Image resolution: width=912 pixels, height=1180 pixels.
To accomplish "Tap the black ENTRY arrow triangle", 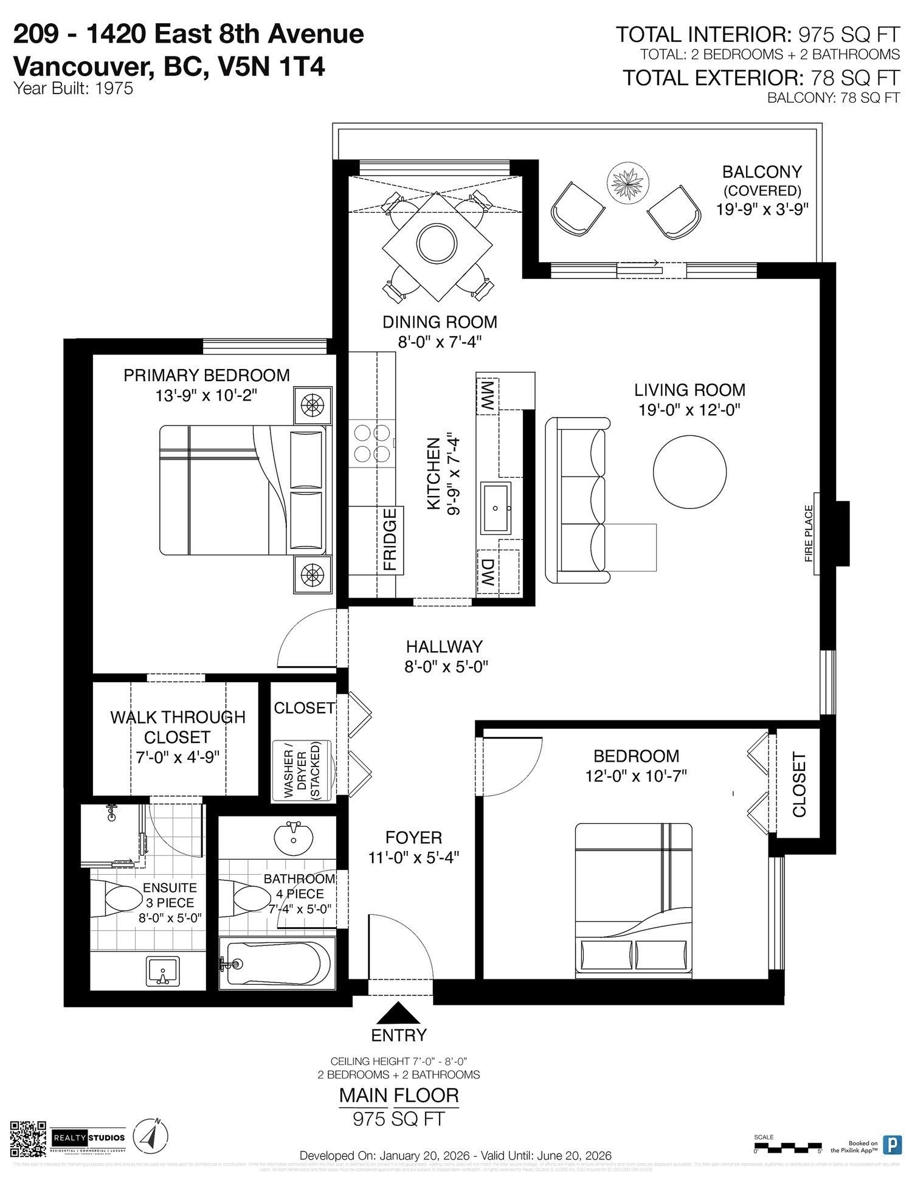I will pos(399,1013).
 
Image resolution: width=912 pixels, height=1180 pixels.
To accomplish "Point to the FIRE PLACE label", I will pos(809,533).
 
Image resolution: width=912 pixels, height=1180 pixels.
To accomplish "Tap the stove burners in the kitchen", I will pos(372,443).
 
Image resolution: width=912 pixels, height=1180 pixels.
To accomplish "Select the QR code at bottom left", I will pos(29,1139).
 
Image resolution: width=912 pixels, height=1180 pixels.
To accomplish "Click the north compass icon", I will pos(150,1136).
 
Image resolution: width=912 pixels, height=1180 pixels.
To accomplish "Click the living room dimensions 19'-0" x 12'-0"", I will pos(689,410).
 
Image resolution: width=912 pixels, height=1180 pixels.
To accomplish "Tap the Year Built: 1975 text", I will pos(73,88).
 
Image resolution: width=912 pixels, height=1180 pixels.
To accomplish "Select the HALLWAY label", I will pos(444,646).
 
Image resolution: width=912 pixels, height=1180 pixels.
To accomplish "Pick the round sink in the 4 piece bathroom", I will pos(294,839).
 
